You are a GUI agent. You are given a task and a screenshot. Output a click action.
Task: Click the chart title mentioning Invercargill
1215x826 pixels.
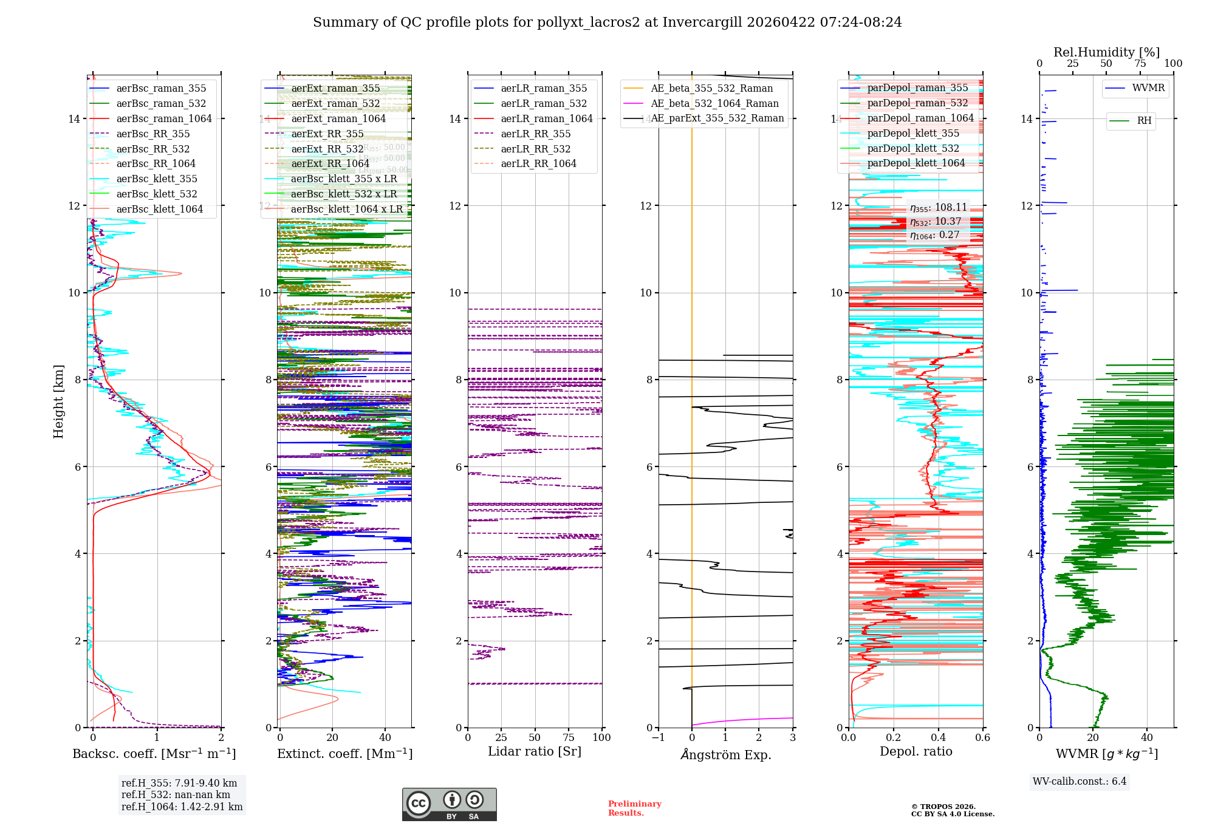coord(607,22)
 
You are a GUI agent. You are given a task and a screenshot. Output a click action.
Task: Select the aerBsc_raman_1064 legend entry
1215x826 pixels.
coord(164,118)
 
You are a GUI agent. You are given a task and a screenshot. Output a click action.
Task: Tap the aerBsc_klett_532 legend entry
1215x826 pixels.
coord(157,194)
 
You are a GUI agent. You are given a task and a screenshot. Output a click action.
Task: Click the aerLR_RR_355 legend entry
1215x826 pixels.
coord(535,134)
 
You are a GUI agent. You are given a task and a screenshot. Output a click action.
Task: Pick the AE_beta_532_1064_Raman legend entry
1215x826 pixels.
coord(714,103)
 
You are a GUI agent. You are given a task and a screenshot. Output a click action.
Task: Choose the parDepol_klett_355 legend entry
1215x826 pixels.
coord(913,133)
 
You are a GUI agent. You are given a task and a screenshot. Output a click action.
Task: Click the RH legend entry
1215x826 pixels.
coord(1144,121)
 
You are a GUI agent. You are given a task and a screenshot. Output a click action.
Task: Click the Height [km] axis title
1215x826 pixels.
coord(58,401)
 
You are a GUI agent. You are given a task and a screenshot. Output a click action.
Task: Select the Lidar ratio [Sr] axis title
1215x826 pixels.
coord(535,751)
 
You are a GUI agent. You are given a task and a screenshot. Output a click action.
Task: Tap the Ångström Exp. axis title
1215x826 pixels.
coord(726,754)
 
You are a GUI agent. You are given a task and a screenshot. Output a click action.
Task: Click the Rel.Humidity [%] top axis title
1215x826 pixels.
coord(1106,52)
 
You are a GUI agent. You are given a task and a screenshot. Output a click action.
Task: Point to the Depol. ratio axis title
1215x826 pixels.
coord(916,751)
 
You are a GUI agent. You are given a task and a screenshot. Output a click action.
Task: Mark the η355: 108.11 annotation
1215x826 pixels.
coord(939,208)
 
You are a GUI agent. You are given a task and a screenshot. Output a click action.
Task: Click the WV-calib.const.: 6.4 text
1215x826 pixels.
coord(1079,781)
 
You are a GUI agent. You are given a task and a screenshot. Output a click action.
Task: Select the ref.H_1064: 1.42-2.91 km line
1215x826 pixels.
coord(182,807)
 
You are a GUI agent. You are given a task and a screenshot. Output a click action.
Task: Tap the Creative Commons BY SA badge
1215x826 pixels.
coord(449,804)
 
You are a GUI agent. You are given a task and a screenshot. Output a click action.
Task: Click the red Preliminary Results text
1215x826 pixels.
coord(634,808)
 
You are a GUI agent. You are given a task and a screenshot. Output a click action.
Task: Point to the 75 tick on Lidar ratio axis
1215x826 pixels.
coord(569,737)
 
